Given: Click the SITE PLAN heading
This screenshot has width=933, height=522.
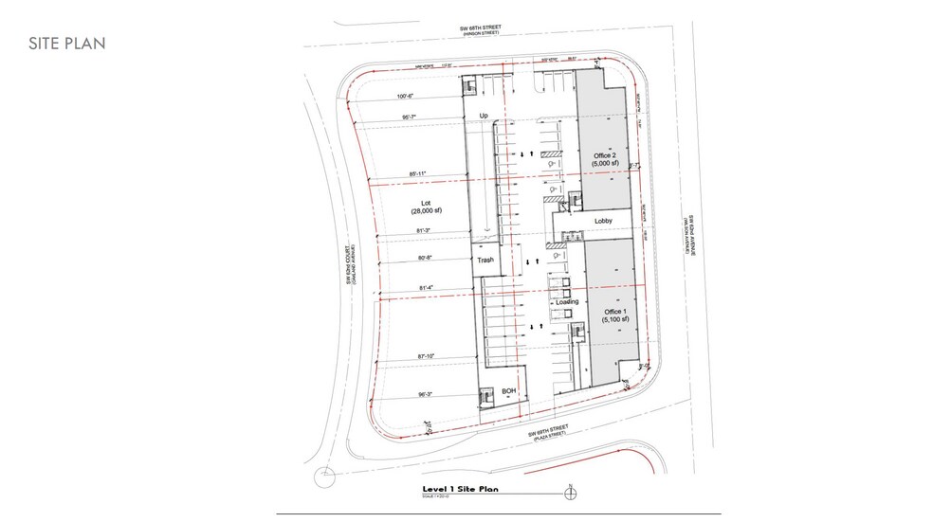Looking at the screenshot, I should click(x=66, y=44).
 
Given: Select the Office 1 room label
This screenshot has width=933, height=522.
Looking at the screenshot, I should click(x=613, y=316).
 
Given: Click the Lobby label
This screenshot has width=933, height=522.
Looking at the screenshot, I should click(x=603, y=222).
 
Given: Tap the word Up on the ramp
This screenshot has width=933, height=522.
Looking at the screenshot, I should click(x=484, y=117).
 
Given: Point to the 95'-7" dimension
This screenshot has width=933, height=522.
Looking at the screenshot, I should click(x=411, y=117).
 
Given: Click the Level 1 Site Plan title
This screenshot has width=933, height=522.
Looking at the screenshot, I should click(x=458, y=490).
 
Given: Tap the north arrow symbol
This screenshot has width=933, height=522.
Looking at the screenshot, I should click(x=569, y=492).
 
